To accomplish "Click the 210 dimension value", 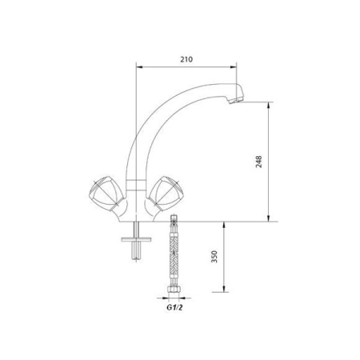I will click(x=187, y=58).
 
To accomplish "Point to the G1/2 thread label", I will click(x=174, y=306).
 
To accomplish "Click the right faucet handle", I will click(x=167, y=192).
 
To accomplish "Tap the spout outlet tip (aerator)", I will click(x=234, y=100).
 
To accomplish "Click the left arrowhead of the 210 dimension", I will click(x=138, y=67).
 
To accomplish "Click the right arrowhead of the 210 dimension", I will click(x=238, y=67).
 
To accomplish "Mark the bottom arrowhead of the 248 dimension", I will click(x=270, y=218).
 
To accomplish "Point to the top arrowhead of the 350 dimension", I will click(x=226, y=225).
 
